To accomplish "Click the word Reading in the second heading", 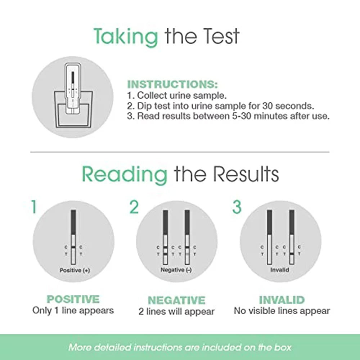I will pyautogui.click(x=125, y=174).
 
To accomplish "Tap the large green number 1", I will pyautogui.click(x=33, y=207).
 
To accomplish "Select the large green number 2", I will pyautogui.click(x=134, y=207).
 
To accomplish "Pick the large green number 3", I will pyautogui.click(x=237, y=207).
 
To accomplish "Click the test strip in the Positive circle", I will pyautogui.click(x=73, y=238).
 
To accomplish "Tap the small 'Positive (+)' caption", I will pyautogui.click(x=75, y=270).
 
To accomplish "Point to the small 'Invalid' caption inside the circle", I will pyautogui.click(x=280, y=270).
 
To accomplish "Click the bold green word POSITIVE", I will pyautogui.click(x=73, y=299).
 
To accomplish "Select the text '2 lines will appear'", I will pyautogui.click(x=176, y=311).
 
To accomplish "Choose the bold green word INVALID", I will pyautogui.click(x=282, y=300).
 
